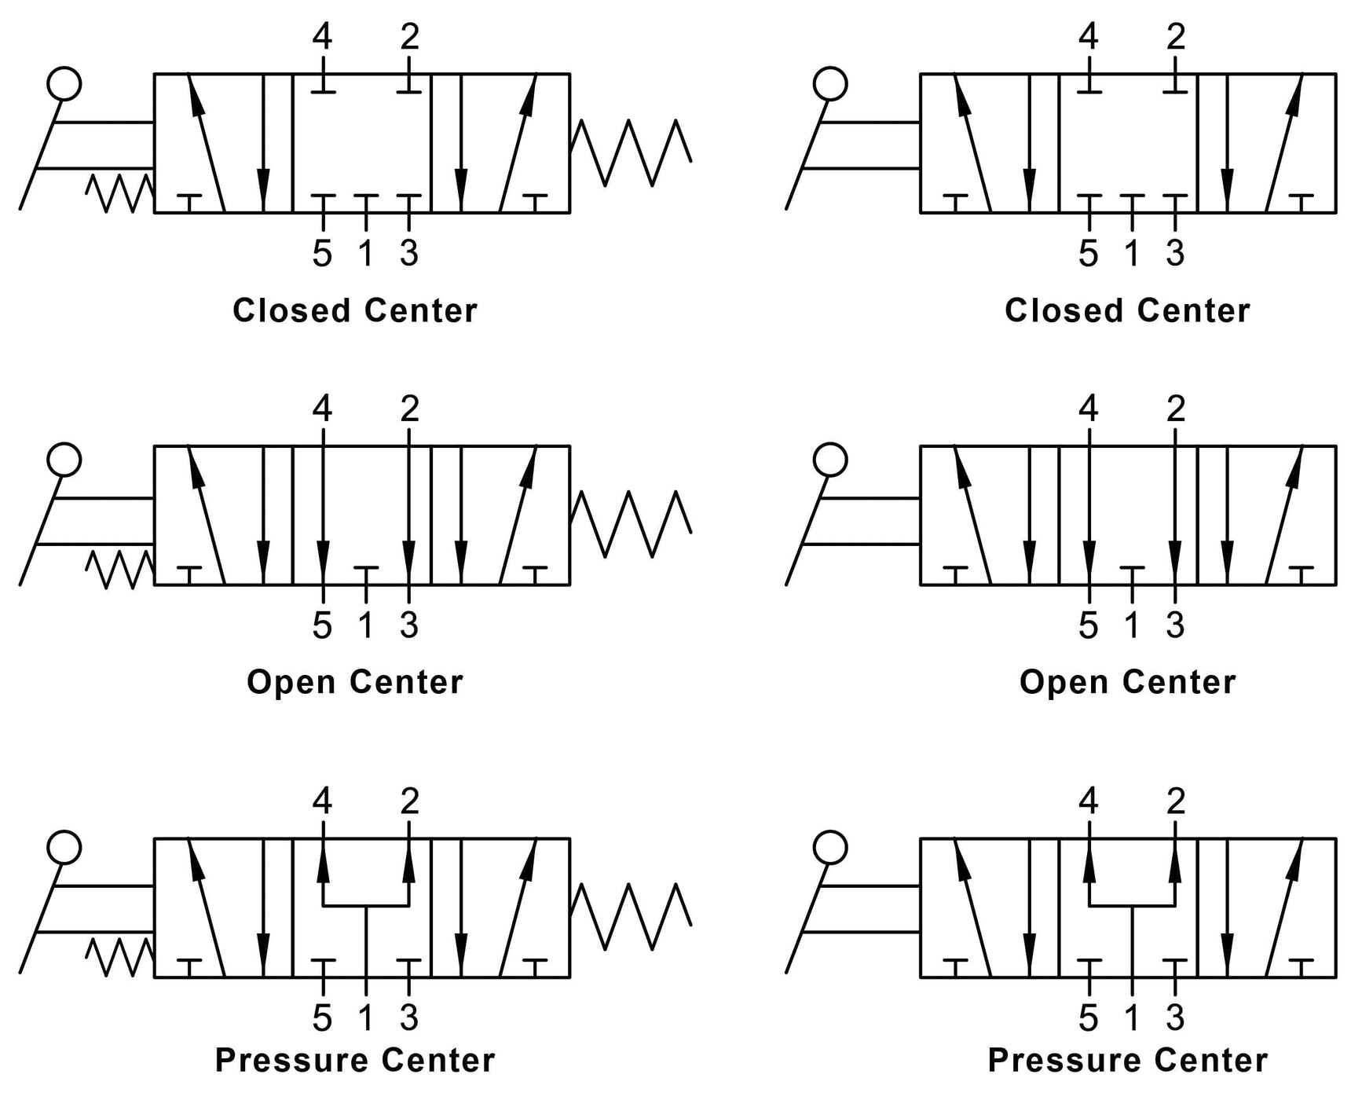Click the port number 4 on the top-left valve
322,36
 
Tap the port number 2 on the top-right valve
1175,36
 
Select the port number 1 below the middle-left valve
365,625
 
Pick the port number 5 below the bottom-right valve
1088,1018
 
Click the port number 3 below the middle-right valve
1175,625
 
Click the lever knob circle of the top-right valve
830,83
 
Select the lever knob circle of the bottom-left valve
64,848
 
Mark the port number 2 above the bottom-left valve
409,801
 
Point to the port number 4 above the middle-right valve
1088,409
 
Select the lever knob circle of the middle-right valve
830,460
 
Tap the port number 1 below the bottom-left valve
365,1018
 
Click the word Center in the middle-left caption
406,682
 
